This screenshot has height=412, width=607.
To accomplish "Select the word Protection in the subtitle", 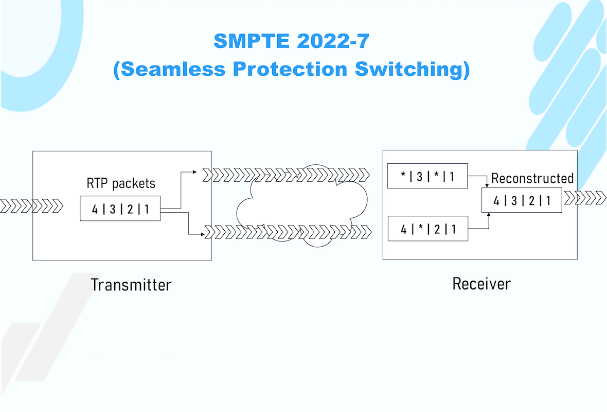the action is (x=290, y=69).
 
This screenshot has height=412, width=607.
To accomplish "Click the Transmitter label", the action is (x=131, y=285).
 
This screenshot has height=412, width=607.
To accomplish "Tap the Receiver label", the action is (x=481, y=284).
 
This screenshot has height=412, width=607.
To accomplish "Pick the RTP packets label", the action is (x=121, y=183).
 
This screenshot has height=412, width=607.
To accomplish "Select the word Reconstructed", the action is (x=532, y=178).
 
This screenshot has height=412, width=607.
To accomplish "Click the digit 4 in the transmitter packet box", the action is (x=95, y=209).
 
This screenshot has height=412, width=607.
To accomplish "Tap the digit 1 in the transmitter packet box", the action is (x=147, y=209).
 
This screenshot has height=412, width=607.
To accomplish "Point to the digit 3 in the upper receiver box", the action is (x=419, y=177).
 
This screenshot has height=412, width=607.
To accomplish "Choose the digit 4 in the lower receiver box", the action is (x=404, y=230).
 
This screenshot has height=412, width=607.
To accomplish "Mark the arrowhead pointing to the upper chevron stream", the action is (x=195, y=171).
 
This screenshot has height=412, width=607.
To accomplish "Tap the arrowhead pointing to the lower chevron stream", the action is (x=203, y=234).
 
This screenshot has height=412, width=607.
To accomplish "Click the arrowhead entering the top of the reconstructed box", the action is (x=487, y=185).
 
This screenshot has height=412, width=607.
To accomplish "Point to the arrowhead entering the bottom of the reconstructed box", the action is (x=489, y=214).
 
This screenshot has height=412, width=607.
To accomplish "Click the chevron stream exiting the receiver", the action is (x=585, y=198).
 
